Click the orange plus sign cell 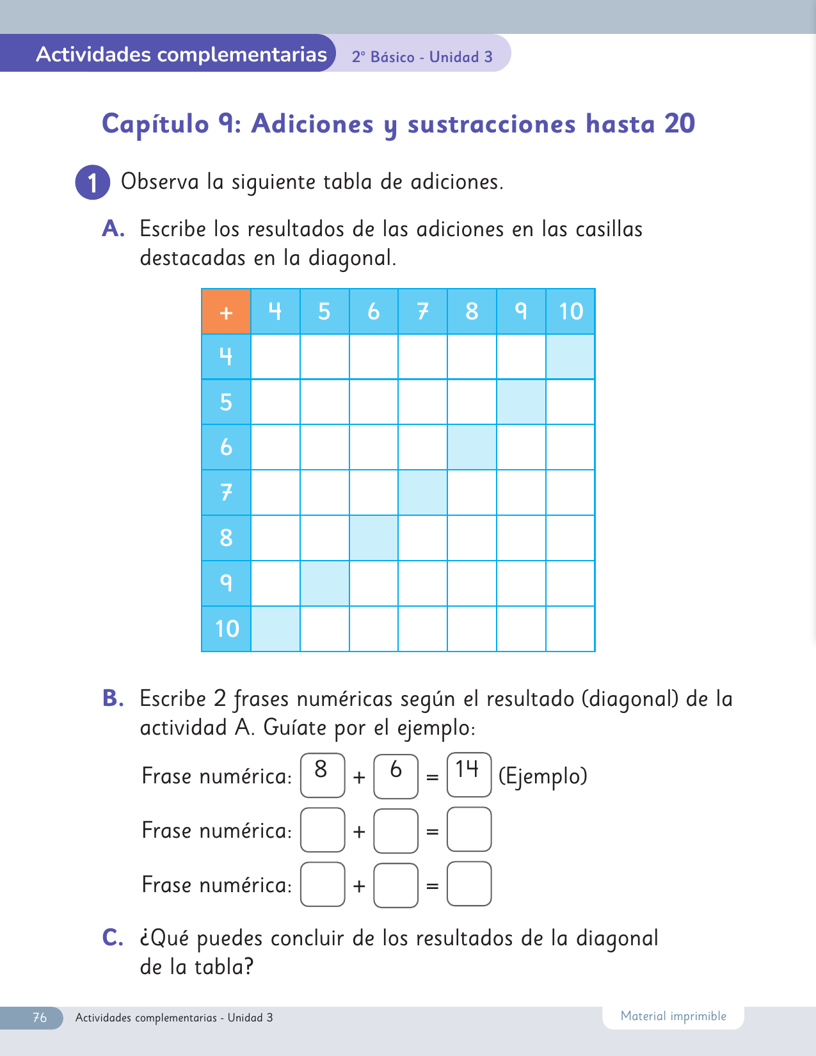tap(226, 312)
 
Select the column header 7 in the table tap(422, 312)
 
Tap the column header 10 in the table tap(570, 312)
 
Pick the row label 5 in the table tap(226, 402)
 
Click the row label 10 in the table tap(226, 628)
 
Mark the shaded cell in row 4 tap(570, 356)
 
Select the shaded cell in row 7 tap(422, 492)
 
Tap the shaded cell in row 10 tap(275, 628)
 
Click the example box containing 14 tap(469, 774)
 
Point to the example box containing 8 tap(323, 774)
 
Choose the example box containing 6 tap(396, 776)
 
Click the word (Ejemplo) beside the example tap(543, 776)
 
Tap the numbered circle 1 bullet tap(93, 182)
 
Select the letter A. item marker tap(113, 228)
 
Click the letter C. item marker tap(113, 938)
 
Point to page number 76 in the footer tap(40, 1018)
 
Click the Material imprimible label tap(673, 1016)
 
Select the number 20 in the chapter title tap(679, 124)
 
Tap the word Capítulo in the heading tap(156, 124)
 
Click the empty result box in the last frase tap(469, 884)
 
